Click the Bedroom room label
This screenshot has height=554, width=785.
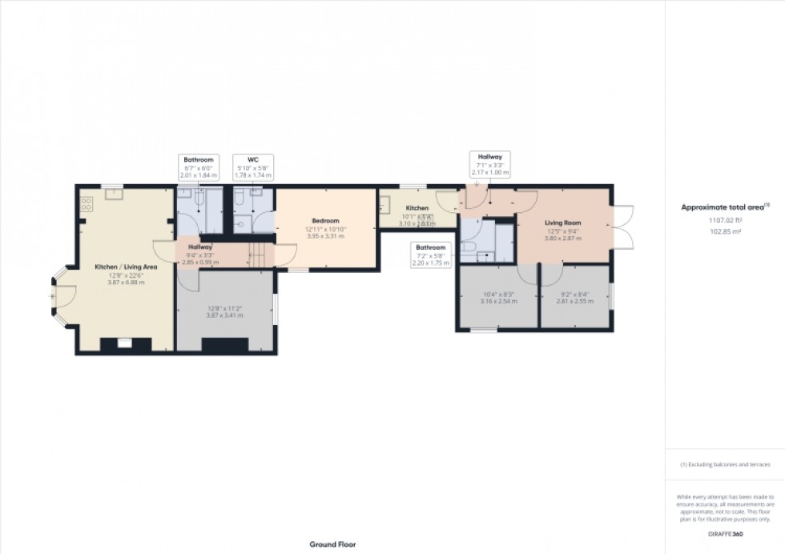click(325, 221)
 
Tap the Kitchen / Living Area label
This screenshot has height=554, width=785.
click(125, 266)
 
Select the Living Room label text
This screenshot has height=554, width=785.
click(562, 223)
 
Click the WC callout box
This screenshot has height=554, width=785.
click(253, 167)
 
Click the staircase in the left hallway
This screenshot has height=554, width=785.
click(259, 255)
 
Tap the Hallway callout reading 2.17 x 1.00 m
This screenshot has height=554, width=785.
click(490, 164)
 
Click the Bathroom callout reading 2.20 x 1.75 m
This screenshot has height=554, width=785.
click(430, 255)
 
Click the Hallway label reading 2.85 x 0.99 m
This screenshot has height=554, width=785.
click(199, 254)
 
